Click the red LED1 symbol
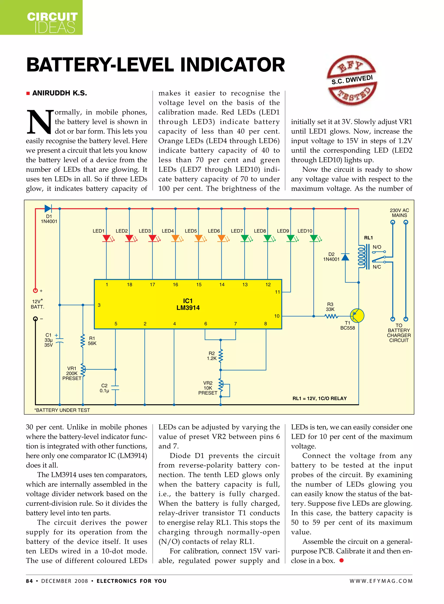[107, 238]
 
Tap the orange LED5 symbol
[199, 238]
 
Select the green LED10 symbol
[314, 238]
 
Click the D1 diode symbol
[48, 208]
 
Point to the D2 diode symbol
[345, 257]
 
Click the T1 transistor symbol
[357, 316]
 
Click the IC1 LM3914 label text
[188, 304]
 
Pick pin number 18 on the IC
[130, 285]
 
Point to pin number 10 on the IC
[277, 316]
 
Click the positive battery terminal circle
[35, 290]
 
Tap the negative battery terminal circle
[35, 319]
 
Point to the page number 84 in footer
[29, 581]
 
